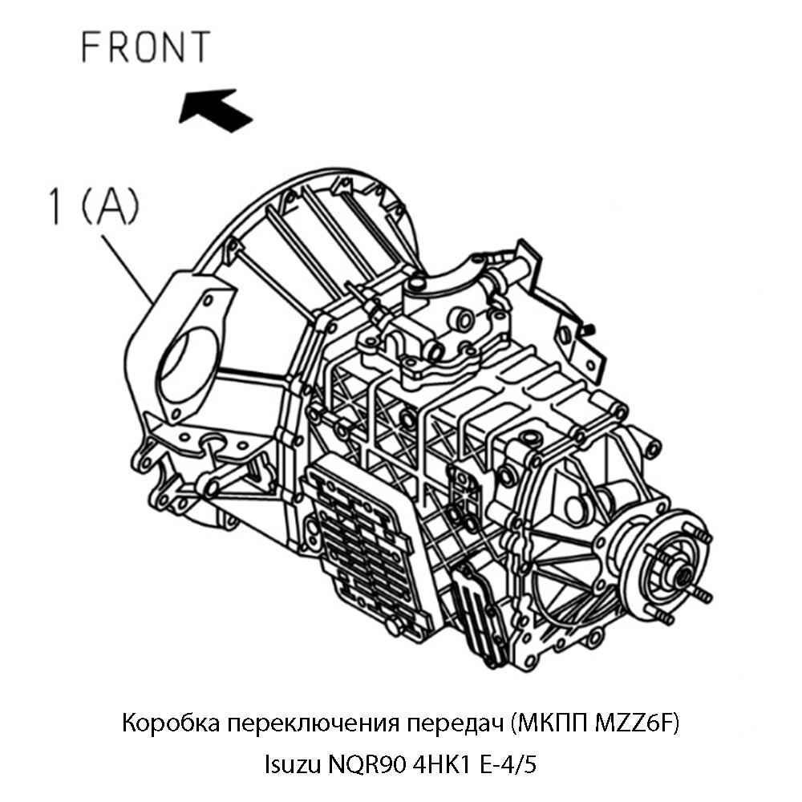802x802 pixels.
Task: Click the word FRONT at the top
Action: [x=146, y=47]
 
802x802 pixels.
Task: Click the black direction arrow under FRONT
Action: [x=215, y=109]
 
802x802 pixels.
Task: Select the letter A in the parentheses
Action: [x=110, y=206]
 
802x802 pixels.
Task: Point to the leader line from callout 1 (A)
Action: [x=128, y=269]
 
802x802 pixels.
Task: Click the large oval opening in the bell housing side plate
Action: [x=186, y=365]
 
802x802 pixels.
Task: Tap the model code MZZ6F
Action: [x=633, y=724]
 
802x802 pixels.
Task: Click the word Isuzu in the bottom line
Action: [x=293, y=764]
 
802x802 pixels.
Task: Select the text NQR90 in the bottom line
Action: [x=367, y=764]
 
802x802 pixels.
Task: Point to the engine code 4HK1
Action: [x=441, y=764]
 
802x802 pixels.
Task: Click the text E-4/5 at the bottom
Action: [x=508, y=765]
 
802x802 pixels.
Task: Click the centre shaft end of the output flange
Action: [x=680, y=574]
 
